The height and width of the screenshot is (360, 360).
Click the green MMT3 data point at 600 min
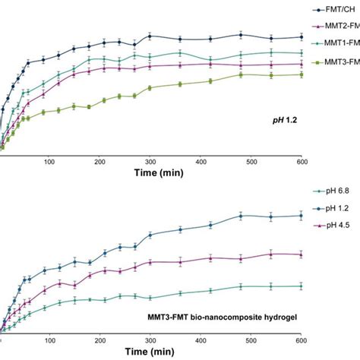[x=302, y=74]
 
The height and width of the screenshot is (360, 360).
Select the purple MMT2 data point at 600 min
[x=302, y=64]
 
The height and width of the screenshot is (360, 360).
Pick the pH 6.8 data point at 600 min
[x=302, y=286]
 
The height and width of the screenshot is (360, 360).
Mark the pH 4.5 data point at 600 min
[x=302, y=254]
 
